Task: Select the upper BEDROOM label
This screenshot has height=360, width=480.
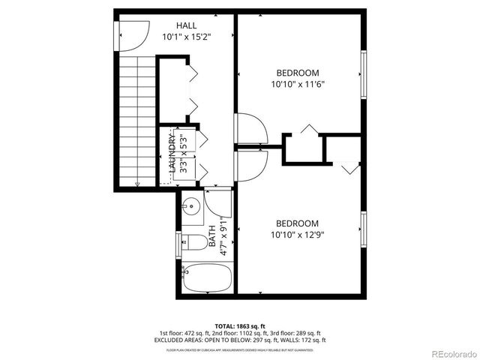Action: pos(298,73)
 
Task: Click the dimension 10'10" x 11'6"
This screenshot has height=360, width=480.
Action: pos(298,85)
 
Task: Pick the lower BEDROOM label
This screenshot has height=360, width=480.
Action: pos(297,223)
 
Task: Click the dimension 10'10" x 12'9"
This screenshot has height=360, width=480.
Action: pos(297,235)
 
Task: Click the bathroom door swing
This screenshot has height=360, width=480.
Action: pos(220,203)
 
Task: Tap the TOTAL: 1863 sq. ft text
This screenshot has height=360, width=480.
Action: pos(240,325)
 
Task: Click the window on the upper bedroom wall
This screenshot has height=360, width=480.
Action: pos(363,74)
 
